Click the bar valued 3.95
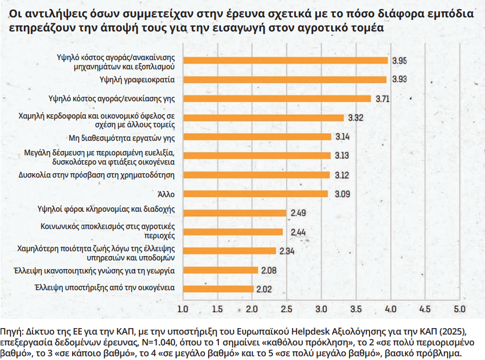coord(286,61)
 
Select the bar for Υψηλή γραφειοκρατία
coord(284,80)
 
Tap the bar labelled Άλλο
coord(255,193)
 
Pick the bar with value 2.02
coord(218,289)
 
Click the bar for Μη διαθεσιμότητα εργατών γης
coord(257,136)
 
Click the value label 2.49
coord(299,213)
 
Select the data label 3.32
coord(355,117)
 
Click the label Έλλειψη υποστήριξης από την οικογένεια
coord(104,289)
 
